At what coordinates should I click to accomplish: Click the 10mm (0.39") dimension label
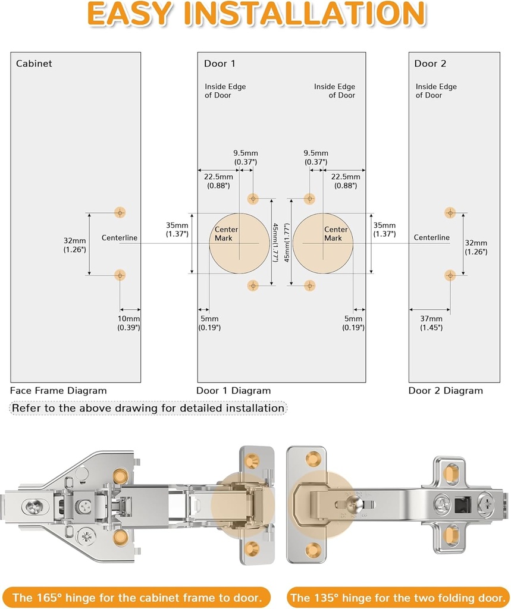128,323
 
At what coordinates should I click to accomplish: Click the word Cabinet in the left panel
34,63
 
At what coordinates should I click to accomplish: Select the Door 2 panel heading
430,63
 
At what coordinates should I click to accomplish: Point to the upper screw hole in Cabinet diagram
120,212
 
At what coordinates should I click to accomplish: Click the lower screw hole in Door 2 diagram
450,275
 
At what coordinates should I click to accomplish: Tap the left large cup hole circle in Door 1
239,243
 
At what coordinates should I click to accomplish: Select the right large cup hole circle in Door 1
323,243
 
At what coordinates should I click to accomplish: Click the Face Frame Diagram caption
58,391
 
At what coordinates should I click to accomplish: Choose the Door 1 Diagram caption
233,391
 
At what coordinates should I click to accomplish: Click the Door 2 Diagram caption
446,391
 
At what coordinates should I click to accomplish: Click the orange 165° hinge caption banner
137,597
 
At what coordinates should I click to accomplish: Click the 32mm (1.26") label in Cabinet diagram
75,246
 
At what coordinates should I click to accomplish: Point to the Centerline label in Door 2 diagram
432,237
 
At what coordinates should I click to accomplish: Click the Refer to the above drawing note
148,408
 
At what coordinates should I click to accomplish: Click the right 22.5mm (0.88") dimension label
346,181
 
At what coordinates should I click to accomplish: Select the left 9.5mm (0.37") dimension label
244,157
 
